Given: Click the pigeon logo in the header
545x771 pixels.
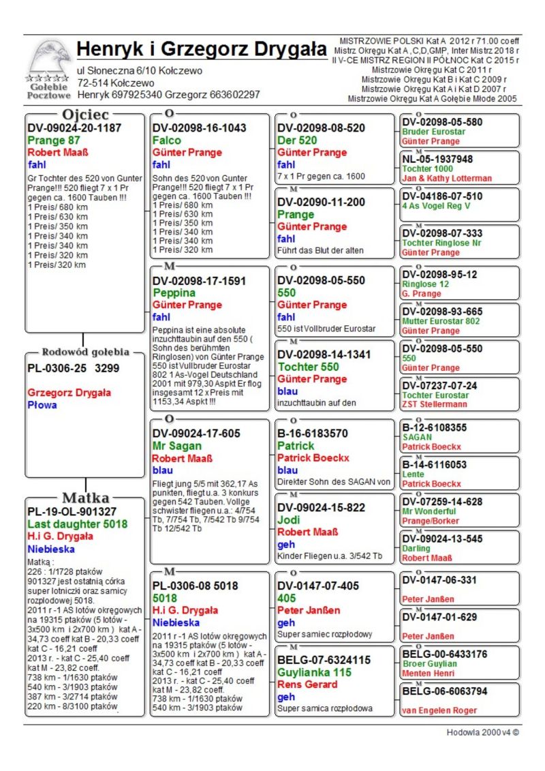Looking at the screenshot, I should point(48,59).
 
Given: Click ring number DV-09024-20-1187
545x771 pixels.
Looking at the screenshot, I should point(74,128).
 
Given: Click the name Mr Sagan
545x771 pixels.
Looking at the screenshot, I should point(178,446).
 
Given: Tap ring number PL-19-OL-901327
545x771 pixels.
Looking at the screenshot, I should point(72,511).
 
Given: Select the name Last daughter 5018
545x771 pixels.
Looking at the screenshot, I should point(77,524).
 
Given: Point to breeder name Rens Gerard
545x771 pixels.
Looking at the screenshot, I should point(307,684).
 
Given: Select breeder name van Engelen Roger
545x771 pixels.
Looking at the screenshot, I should point(439,711).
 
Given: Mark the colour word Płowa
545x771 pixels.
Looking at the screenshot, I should point(42,405).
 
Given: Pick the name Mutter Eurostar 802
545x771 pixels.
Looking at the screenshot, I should point(441,321).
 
